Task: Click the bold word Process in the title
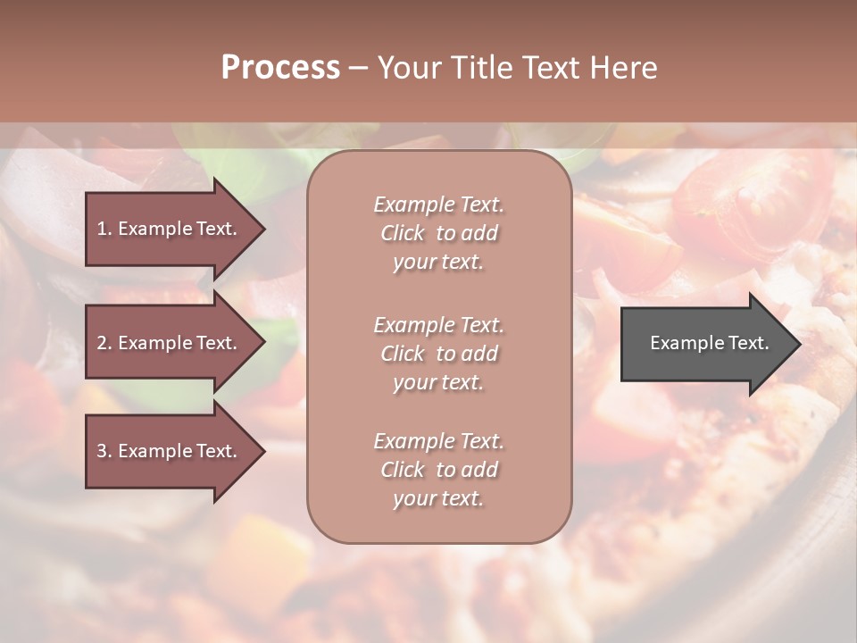(x=280, y=68)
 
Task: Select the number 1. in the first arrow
(x=104, y=229)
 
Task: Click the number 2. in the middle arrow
(x=104, y=343)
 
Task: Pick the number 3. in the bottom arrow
(x=104, y=451)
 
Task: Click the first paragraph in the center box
(x=438, y=233)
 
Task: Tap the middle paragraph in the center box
(x=438, y=354)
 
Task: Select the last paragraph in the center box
(x=438, y=470)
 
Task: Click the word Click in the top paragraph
(x=403, y=234)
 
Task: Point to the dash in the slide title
(x=358, y=68)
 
